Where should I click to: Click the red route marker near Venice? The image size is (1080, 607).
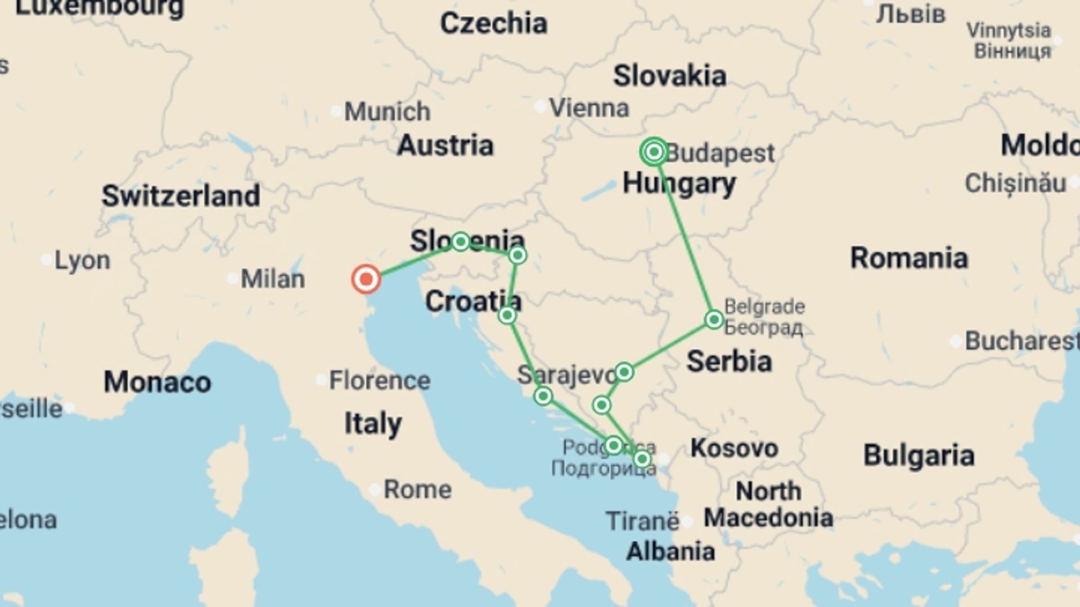click(x=366, y=279)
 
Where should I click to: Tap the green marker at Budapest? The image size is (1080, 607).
click(x=654, y=152)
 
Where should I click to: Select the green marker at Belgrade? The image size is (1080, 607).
click(x=714, y=319)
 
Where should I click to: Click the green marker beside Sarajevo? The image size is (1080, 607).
click(x=624, y=372)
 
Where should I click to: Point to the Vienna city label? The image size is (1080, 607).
click(x=589, y=108)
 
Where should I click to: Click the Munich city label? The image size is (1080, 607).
click(x=387, y=111)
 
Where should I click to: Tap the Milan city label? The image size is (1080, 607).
click(x=273, y=279)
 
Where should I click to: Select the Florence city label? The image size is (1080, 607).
click(x=380, y=380)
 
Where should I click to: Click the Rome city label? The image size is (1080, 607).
click(x=417, y=490)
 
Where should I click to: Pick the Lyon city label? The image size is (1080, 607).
click(x=82, y=260)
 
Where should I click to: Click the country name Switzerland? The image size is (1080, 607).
click(x=181, y=196)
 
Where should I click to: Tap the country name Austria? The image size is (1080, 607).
click(x=445, y=146)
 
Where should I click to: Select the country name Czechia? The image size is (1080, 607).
click(x=493, y=24)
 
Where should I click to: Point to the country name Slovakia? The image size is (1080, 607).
click(x=669, y=76)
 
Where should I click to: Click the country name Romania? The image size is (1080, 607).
click(x=909, y=258)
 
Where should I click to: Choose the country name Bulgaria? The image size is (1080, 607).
click(x=919, y=455)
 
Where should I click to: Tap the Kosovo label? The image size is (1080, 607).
click(x=734, y=448)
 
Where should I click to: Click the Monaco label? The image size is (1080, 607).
click(x=157, y=382)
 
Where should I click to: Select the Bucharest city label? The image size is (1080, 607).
click(x=1021, y=341)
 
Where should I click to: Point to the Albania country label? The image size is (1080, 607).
click(x=670, y=551)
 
